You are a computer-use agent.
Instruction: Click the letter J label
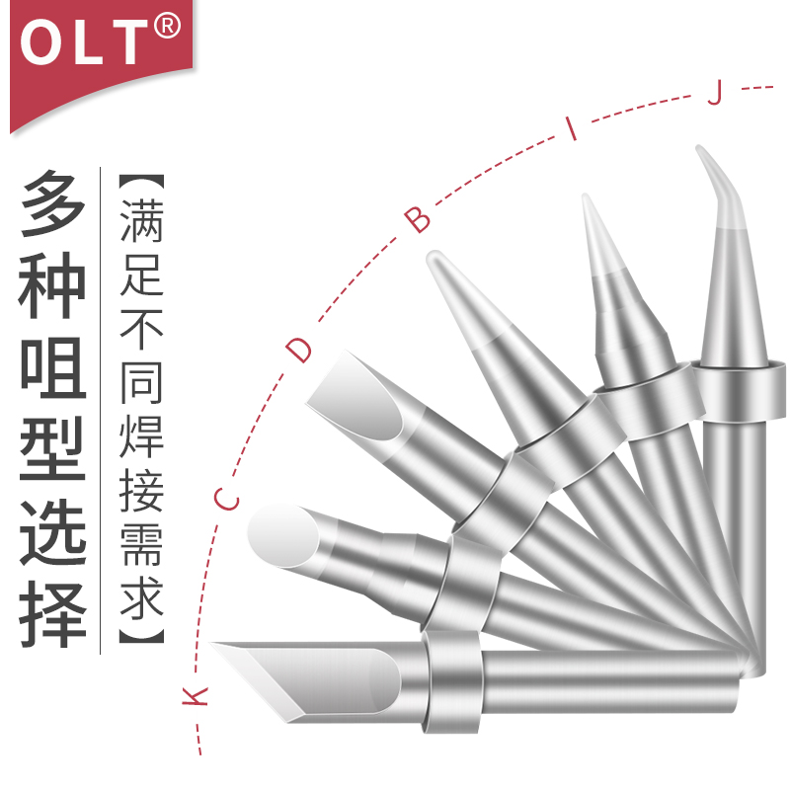pyautogui.click(x=718, y=94)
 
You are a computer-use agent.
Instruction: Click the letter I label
pyautogui.click(x=570, y=127)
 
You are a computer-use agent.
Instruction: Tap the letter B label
pyautogui.click(x=420, y=219)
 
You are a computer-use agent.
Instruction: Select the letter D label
pyautogui.click(x=299, y=348)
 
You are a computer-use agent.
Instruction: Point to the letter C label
pyautogui.click(x=227, y=499)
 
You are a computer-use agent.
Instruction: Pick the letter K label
pyautogui.click(x=197, y=696)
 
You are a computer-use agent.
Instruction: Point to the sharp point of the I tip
pyautogui.click(x=587, y=200)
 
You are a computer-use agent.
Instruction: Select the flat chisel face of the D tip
pyautogui.click(x=355, y=395)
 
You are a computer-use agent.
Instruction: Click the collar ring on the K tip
pyautogui.click(x=454, y=681)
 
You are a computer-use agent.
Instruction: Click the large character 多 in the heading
pyautogui.click(x=55, y=202)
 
